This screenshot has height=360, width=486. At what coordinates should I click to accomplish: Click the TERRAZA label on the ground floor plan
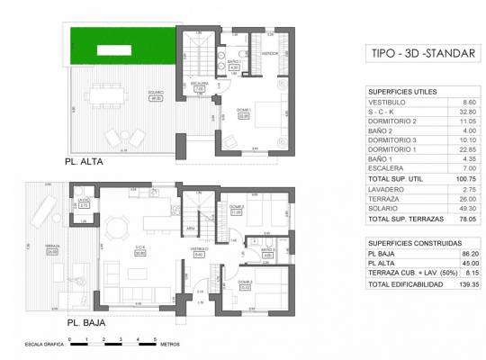coord(51,249)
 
